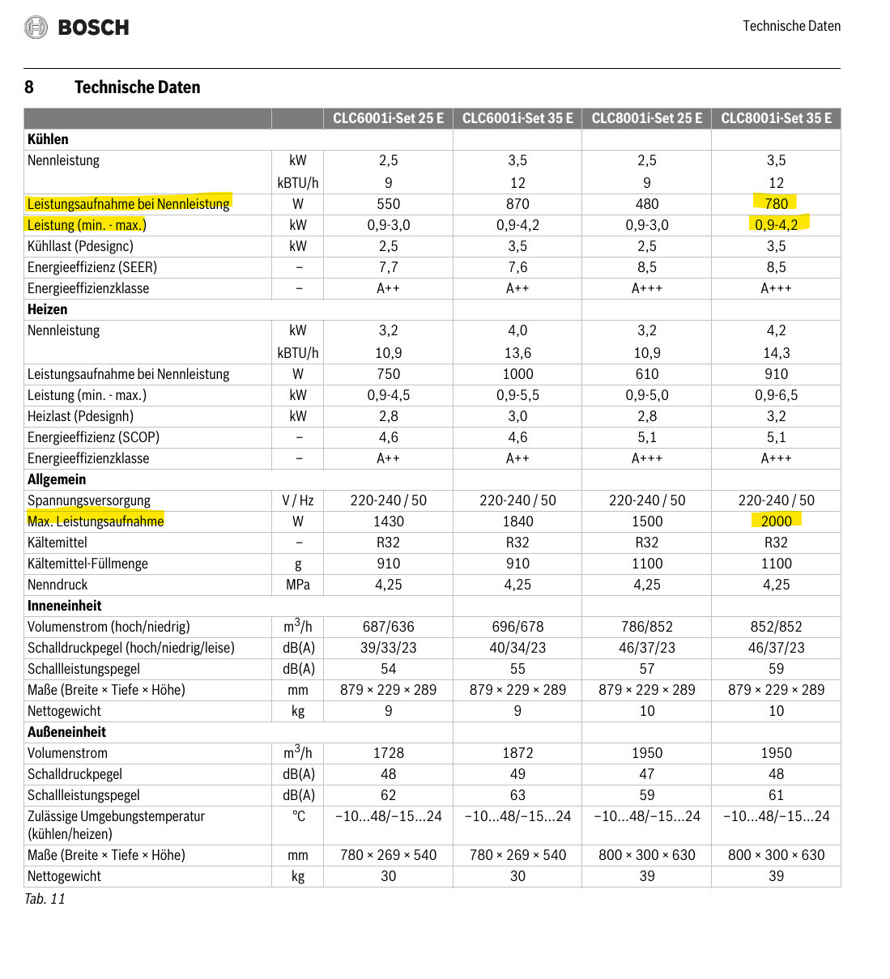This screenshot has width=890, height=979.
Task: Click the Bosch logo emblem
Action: [36, 28]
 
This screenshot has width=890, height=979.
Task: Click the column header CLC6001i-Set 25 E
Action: [388, 118]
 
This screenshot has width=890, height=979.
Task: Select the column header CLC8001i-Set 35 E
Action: [776, 118]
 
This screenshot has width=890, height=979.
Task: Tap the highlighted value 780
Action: [776, 203]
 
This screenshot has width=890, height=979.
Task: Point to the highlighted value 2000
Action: [776, 521]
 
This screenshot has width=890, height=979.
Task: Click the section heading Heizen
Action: [47, 309]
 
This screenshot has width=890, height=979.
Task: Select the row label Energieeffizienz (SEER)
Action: [92, 267]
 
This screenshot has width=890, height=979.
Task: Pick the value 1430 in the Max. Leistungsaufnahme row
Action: [388, 521]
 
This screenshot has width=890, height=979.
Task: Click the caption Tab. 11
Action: [45, 899]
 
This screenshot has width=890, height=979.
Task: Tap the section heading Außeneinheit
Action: [66, 732]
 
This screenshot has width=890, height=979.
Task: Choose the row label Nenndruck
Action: [57, 585]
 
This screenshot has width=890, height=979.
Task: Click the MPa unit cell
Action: [298, 585]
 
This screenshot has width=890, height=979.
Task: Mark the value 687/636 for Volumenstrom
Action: [388, 627]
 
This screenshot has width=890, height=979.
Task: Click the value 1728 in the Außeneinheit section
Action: [388, 753]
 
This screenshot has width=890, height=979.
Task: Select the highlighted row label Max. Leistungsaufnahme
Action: [96, 521]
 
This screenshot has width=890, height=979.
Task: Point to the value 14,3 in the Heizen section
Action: [776, 353]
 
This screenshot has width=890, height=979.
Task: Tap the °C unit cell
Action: [298, 816]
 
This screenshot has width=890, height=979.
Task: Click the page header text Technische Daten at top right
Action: [791, 26]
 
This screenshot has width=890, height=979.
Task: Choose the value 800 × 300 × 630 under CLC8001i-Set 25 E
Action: [646, 855]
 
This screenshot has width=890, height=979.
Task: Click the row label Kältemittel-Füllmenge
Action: [87, 564]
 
